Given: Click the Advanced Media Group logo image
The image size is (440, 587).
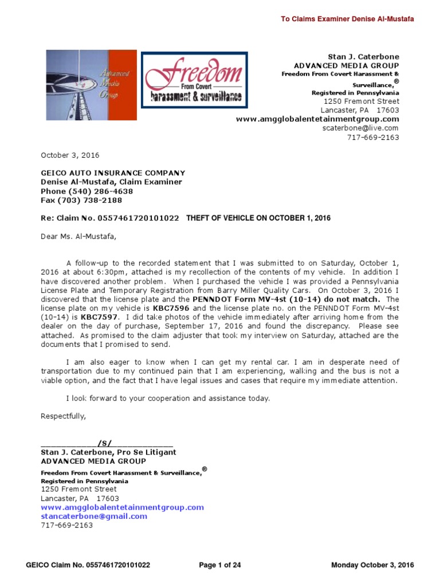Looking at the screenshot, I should [x=91, y=85].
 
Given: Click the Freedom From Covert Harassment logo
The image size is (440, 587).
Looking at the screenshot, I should [x=195, y=81].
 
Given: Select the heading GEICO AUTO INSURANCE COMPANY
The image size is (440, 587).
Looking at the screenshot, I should [x=113, y=173].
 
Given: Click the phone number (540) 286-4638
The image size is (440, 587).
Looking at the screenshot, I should [x=100, y=191].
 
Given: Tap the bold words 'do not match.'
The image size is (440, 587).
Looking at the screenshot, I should [x=349, y=299].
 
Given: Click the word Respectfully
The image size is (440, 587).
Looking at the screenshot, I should [x=63, y=416].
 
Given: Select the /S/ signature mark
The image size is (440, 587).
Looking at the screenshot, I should [x=105, y=443].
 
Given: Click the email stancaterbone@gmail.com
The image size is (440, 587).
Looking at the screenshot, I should [x=94, y=516].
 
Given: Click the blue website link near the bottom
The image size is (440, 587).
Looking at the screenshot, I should [x=122, y=507].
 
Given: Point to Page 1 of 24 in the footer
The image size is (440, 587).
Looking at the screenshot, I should [x=220, y=565].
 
